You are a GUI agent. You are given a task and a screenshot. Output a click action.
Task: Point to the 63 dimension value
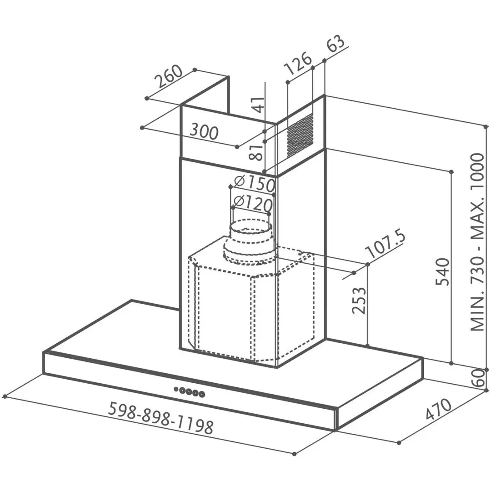click(x=336, y=44)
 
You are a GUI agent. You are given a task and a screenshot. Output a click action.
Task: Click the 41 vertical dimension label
click(x=258, y=105)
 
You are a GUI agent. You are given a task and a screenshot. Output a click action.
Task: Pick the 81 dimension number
click(x=257, y=152)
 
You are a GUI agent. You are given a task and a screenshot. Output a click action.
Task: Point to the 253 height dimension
click(x=359, y=301)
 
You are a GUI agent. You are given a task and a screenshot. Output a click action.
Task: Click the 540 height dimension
click(x=442, y=271)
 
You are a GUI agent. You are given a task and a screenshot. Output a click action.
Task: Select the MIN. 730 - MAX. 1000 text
click(x=478, y=242)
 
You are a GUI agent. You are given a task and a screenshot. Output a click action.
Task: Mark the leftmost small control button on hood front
click(x=176, y=389)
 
